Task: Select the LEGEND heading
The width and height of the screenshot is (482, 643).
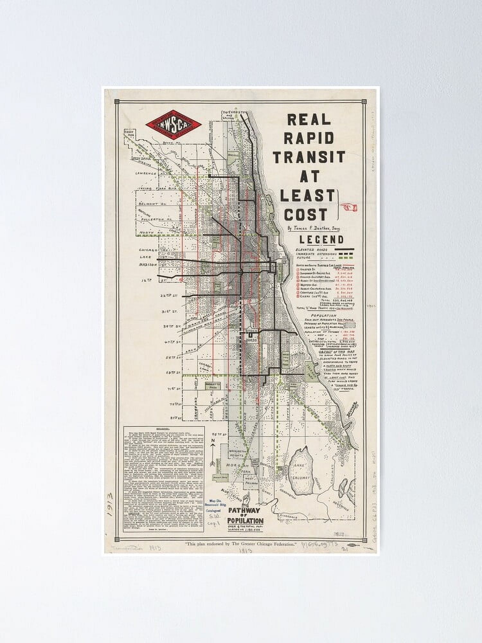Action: [321, 240]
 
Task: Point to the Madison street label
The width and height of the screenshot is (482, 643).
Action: [147, 265]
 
